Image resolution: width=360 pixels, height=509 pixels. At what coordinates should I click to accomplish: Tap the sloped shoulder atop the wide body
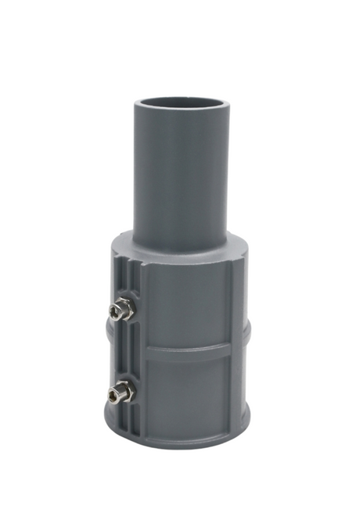[x=188, y=249]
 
